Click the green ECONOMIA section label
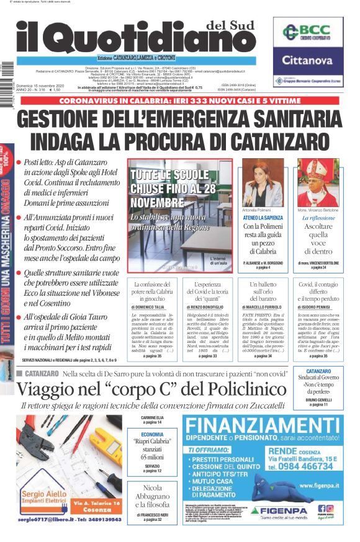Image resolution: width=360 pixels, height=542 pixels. (152, 435)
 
